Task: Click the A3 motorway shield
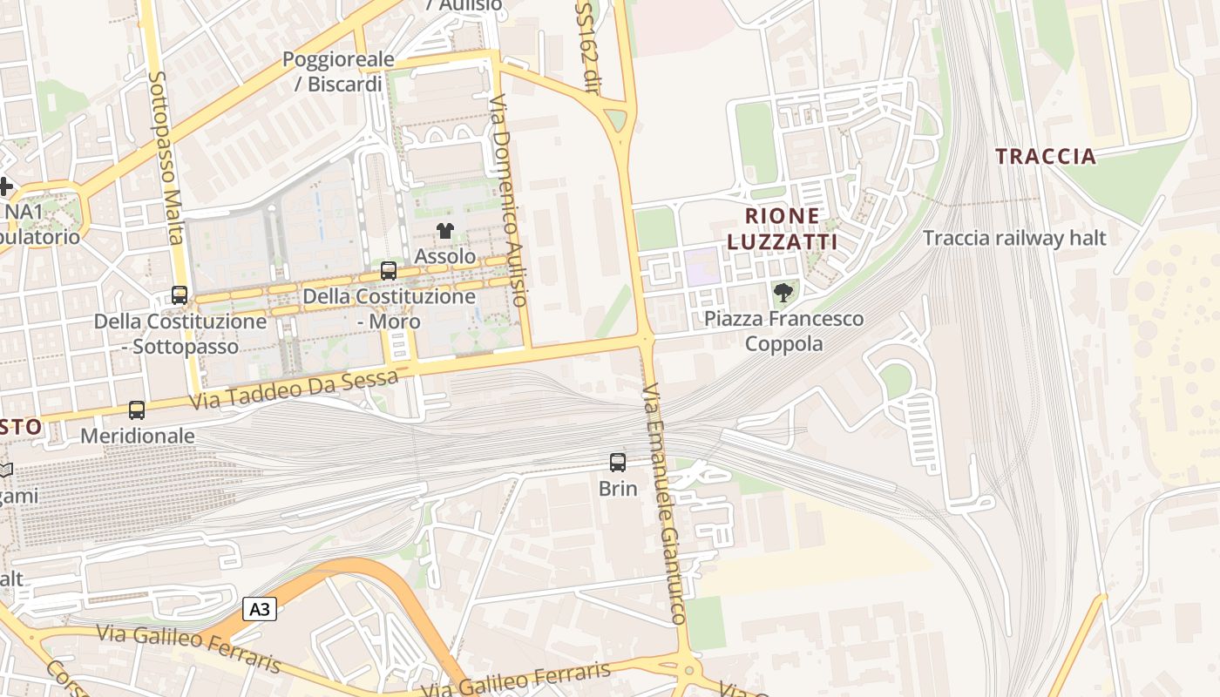pos(260,609)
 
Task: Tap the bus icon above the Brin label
pos(618,463)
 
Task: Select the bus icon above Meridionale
pos(137,409)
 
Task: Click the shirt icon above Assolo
pos(445,231)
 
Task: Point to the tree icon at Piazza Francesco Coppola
pos(783,293)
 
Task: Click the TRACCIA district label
pos(1046,157)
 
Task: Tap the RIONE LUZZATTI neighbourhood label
pos(782,229)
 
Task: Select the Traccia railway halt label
pos(1014,238)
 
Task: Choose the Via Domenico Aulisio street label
pos(509,200)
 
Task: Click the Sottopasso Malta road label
pos(166,157)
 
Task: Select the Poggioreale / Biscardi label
pos(338,71)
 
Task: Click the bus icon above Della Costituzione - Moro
pos(389,271)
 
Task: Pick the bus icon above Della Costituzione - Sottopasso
pos(180,295)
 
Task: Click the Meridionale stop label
pos(138,435)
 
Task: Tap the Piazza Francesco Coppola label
pos(784,331)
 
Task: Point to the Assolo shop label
pos(445,256)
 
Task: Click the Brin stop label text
pos(618,489)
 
